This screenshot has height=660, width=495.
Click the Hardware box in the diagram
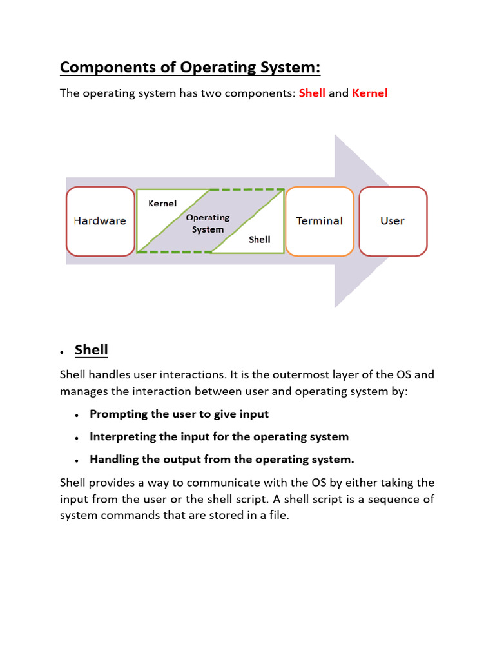tap(99, 221)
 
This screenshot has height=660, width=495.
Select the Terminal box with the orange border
tap(319, 221)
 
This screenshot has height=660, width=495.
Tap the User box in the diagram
tap(393, 221)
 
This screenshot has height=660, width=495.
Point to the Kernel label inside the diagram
tap(162, 203)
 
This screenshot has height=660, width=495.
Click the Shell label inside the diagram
tap(260, 239)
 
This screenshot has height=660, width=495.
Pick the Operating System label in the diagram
tap(208, 224)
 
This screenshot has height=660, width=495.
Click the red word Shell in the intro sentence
tap(312, 93)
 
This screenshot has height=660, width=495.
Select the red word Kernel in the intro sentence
tap(370, 93)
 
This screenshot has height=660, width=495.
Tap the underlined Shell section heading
tap(92, 350)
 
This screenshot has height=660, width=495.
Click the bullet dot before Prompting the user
tap(77, 415)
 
